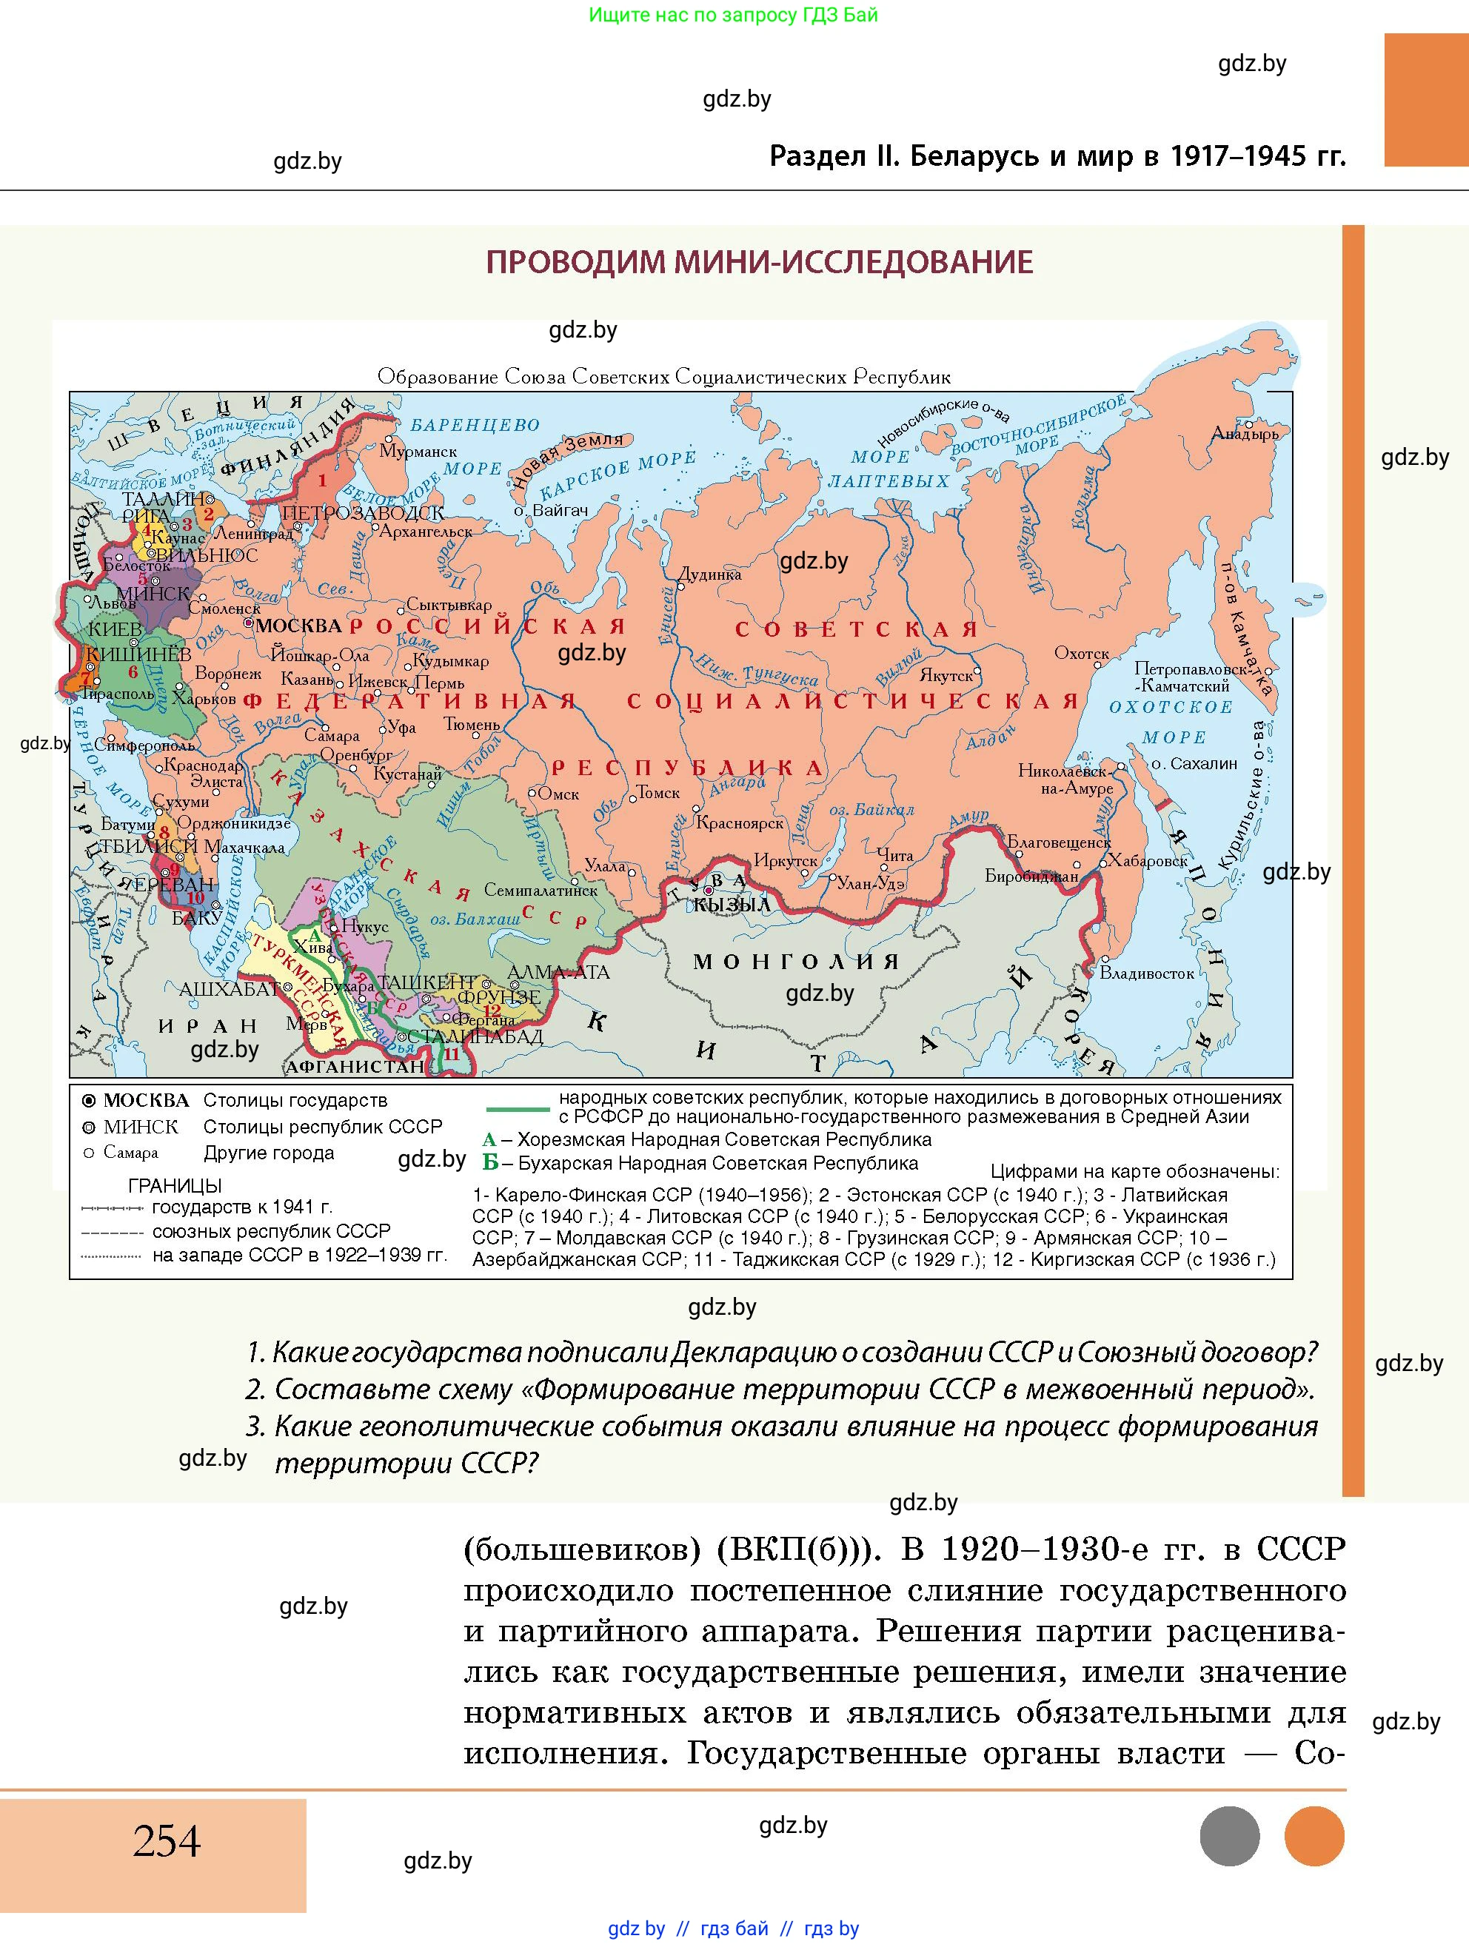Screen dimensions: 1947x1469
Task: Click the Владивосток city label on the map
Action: (x=1146, y=973)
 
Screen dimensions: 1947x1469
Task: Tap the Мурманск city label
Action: (x=418, y=452)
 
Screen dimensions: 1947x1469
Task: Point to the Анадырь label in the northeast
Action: (x=1245, y=433)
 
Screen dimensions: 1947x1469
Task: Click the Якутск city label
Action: (x=946, y=676)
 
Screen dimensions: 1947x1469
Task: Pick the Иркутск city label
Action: (x=785, y=861)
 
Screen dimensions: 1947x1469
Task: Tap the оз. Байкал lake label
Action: (x=871, y=810)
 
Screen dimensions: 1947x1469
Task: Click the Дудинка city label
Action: (x=710, y=574)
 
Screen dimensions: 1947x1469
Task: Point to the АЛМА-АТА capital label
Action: (x=558, y=973)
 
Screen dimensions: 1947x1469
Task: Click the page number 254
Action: (x=167, y=1840)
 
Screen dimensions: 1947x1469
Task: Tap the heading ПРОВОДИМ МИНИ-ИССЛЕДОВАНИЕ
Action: (x=760, y=262)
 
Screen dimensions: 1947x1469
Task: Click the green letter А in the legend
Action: (x=489, y=1140)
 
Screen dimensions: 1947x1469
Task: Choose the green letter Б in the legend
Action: (x=490, y=1163)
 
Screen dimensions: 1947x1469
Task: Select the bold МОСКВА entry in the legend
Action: (x=146, y=1100)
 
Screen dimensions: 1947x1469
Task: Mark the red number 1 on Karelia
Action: (x=322, y=480)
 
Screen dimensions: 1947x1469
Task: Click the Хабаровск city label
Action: (x=1147, y=860)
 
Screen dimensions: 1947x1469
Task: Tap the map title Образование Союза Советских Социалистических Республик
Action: (x=663, y=377)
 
